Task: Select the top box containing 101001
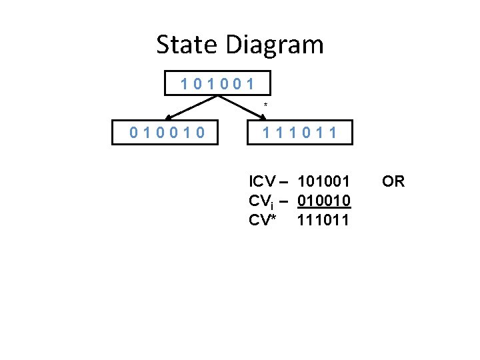218,84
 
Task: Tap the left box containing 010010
167,133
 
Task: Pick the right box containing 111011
299,133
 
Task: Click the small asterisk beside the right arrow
265,105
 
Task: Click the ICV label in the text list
260,181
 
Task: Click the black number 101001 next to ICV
324,181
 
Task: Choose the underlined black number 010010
324,201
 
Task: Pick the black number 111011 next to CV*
324,220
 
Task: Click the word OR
393,181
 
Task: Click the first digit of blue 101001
185,85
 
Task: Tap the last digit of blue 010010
199,133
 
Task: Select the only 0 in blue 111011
306,133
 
